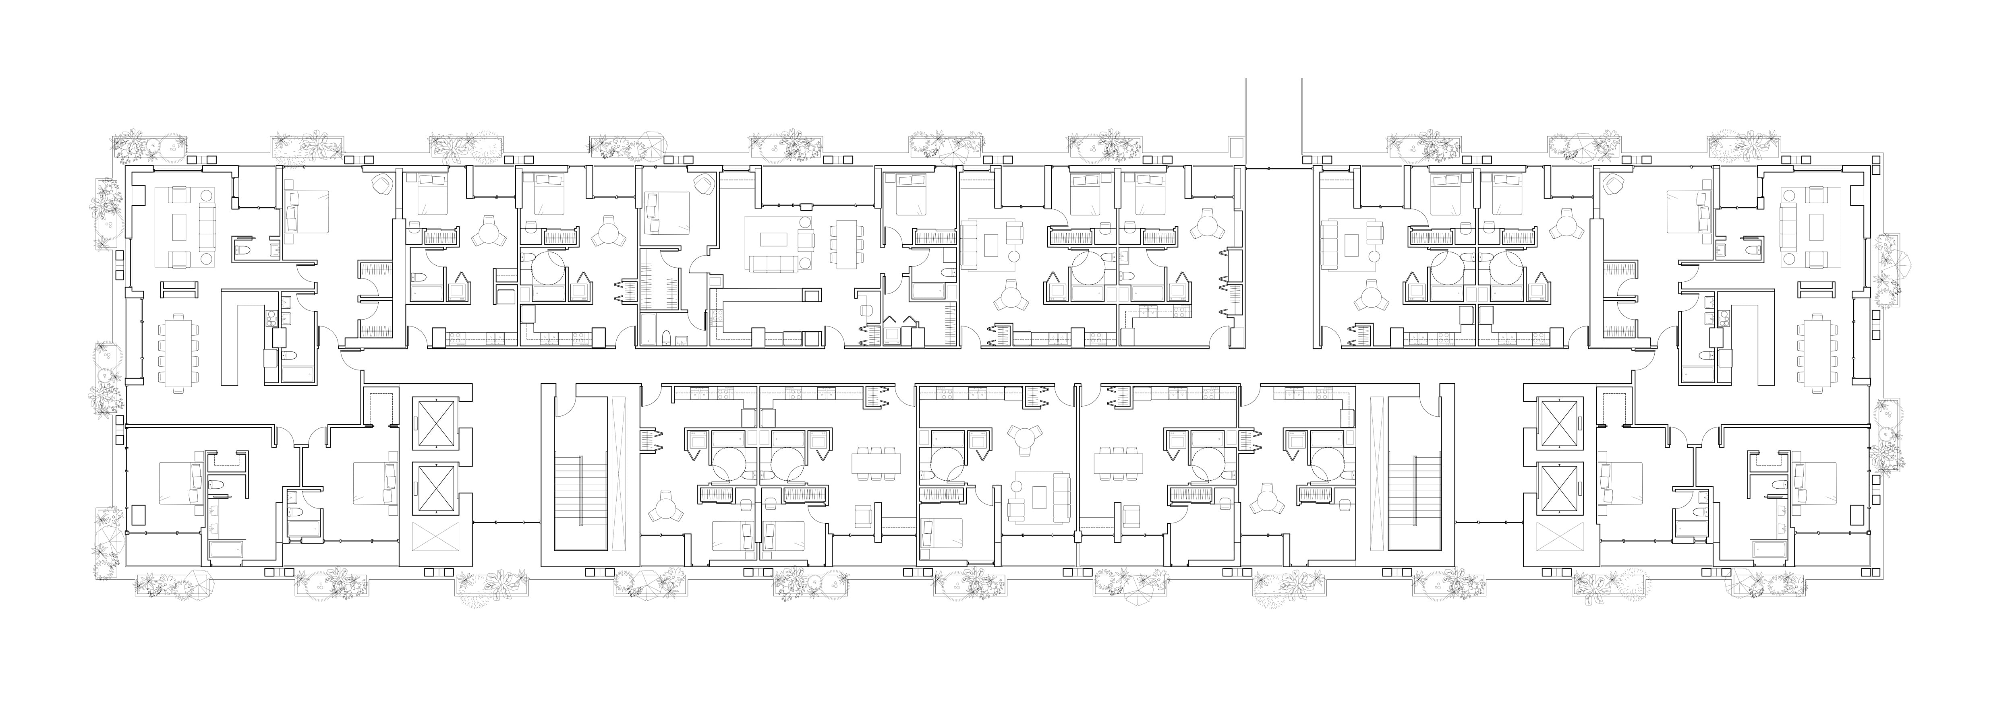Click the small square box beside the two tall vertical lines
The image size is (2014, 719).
(x=1235, y=147)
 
